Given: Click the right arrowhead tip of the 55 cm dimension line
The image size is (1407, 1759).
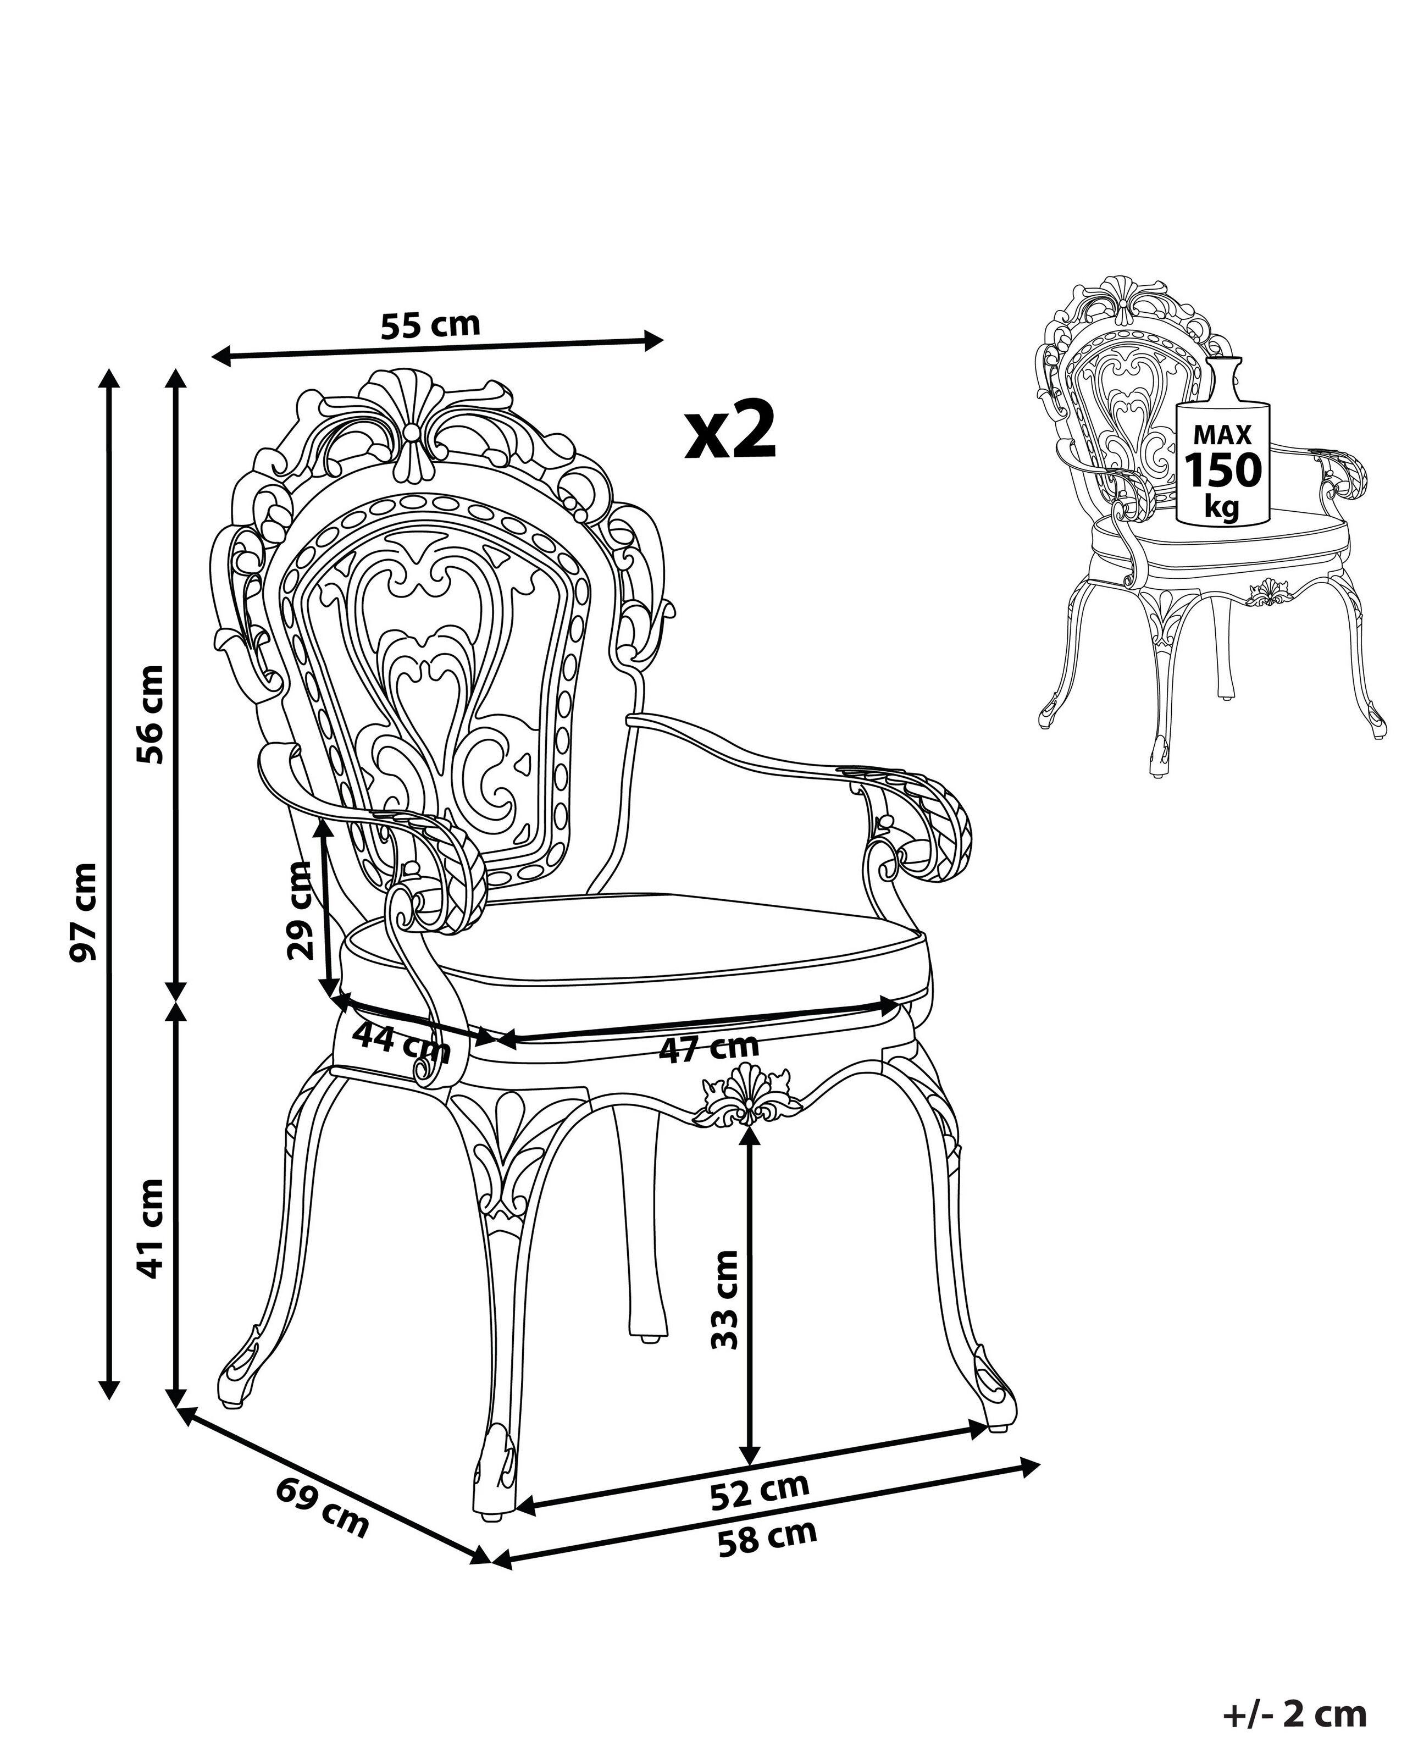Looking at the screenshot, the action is tap(664, 339).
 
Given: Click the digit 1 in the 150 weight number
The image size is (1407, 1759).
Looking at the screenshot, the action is tap(1194, 471).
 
